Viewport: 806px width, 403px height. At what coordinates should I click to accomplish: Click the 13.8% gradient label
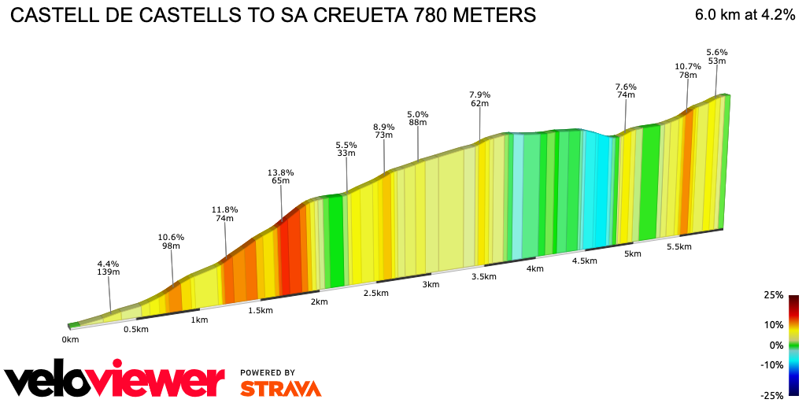(281, 172)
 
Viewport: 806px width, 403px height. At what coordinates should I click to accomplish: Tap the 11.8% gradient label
(224, 209)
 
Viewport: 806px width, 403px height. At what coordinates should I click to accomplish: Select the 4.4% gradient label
(108, 264)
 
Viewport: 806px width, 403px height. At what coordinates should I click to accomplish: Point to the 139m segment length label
(108, 272)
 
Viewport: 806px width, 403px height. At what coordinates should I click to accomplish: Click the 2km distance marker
(319, 302)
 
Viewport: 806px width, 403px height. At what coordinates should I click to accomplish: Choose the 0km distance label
(71, 339)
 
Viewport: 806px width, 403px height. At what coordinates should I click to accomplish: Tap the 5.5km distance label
(678, 246)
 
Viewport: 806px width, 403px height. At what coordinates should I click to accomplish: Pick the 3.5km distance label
(483, 276)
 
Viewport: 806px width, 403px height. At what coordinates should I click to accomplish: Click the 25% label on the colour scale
(774, 295)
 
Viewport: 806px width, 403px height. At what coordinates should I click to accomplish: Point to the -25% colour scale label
(772, 395)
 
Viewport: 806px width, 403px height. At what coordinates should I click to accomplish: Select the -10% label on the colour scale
(772, 364)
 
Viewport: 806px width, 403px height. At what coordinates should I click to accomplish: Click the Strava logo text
(280, 388)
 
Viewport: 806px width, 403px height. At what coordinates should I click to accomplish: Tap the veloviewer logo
(115, 381)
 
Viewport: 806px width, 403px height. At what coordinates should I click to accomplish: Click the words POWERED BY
(268, 372)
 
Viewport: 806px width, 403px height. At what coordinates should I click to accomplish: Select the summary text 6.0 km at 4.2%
(745, 15)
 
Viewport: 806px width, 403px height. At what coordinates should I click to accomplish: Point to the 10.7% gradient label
(688, 66)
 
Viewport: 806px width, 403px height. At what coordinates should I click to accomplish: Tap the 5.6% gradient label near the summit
(716, 52)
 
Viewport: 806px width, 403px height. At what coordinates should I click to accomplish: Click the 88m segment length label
(417, 122)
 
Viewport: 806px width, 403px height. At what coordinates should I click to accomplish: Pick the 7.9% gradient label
(479, 94)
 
